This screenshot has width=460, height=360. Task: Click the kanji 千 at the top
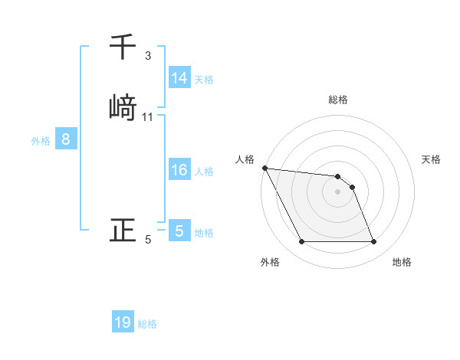click(x=123, y=48)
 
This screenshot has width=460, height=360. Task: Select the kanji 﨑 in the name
click(x=123, y=106)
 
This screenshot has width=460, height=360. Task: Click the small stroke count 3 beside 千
click(x=148, y=56)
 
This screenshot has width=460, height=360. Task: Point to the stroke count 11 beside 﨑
click(x=148, y=117)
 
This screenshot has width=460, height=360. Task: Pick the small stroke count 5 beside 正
click(x=148, y=241)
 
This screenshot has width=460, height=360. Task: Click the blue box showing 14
click(x=179, y=78)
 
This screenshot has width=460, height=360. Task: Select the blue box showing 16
click(x=179, y=170)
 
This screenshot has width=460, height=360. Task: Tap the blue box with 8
click(x=66, y=139)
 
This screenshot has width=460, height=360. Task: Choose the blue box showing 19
click(x=123, y=322)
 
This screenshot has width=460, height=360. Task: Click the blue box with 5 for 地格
click(x=179, y=231)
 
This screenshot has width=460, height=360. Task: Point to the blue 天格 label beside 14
click(x=204, y=80)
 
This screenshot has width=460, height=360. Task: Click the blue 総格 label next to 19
click(x=147, y=324)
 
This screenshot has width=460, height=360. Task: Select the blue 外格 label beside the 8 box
click(x=41, y=141)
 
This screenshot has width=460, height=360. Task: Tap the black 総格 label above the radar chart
click(x=337, y=100)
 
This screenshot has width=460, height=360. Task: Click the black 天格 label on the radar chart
click(x=431, y=159)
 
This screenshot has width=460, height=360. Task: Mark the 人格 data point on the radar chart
click(x=264, y=168)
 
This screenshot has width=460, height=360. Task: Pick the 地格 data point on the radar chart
click(x=373, y=242)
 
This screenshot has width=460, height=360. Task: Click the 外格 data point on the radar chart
click(x=301, y=242)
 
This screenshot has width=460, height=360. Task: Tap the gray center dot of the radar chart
click(x=337, y=191)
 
